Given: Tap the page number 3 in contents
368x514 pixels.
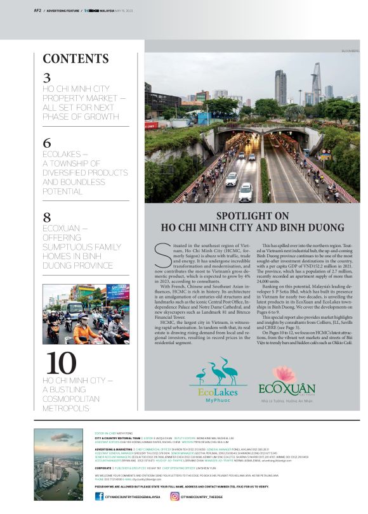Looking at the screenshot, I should point(47,78).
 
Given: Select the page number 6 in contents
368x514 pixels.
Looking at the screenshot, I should point(47,143).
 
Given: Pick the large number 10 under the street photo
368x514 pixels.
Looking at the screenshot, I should point(61,363).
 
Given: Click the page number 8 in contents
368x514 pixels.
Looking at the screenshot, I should point(47,217).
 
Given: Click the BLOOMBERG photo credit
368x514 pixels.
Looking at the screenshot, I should point(350,50).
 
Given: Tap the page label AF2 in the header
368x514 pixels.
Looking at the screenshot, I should point(37,10).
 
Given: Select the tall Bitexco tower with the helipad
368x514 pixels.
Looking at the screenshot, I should point(315,82).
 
